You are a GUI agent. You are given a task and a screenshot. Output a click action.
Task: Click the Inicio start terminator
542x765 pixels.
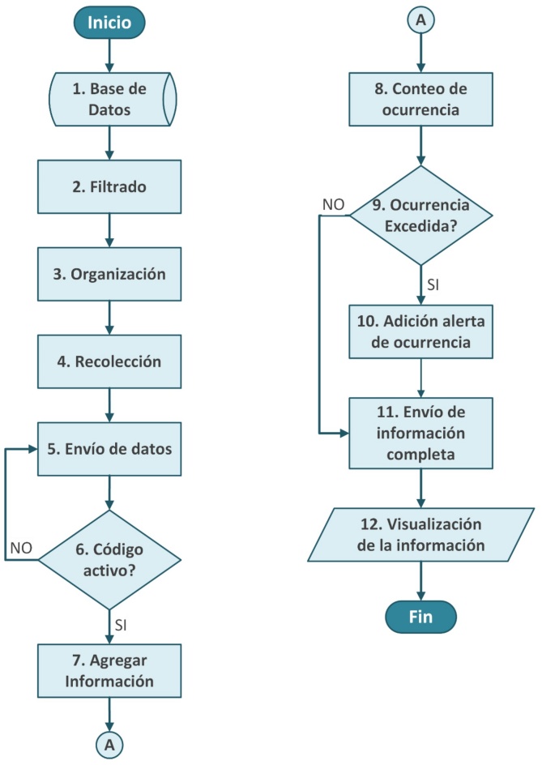coord(109,23)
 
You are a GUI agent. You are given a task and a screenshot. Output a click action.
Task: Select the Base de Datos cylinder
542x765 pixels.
coord(109,97)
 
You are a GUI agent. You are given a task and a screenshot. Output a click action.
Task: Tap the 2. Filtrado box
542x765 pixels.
coord(109,187)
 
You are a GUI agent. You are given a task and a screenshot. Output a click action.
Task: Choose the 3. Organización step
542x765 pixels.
coord(109,274)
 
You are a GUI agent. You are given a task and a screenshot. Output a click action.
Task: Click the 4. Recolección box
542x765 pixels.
coord(109,361)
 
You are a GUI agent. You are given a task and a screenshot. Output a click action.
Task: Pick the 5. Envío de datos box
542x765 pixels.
coord(109,447)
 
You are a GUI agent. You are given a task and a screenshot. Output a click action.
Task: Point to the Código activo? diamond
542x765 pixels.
coord(109,559)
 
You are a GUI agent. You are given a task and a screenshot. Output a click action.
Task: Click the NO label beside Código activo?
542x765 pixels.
coord(21,548)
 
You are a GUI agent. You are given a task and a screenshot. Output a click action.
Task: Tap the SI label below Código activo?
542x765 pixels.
coord(122,626)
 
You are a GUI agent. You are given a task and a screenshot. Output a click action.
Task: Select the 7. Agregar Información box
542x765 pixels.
coord(109,670)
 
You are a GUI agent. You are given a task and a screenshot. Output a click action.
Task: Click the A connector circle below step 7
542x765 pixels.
coord(109,742)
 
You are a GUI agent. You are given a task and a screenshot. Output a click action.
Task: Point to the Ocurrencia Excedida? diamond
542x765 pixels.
coord(420,217)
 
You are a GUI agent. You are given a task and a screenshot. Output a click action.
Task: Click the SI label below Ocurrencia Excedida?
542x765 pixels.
coord(434,286)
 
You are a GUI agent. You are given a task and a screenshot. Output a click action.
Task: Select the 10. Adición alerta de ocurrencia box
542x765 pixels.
coord(420,331)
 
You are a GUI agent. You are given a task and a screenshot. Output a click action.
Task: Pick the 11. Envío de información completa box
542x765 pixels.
coord(420,431)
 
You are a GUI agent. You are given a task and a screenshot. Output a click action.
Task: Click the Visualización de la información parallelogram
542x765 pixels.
coord(420,534)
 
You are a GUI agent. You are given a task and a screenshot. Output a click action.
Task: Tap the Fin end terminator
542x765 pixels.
coord(420,616)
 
